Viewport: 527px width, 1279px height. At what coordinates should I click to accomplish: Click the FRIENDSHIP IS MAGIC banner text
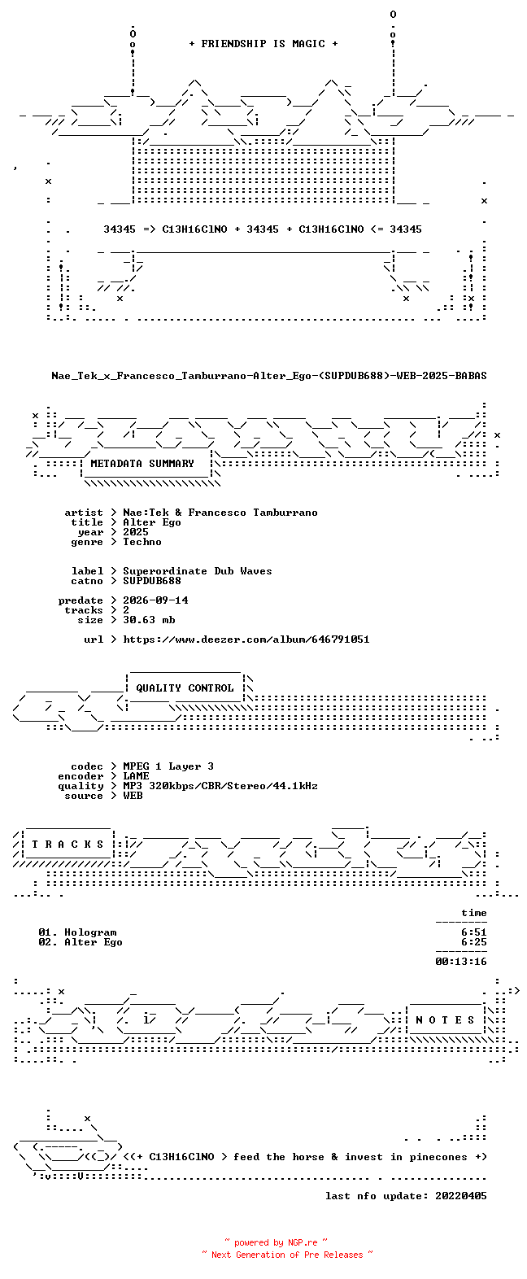(x=263, y=44)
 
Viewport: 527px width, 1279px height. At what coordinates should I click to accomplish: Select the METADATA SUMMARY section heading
(x=142, y=464)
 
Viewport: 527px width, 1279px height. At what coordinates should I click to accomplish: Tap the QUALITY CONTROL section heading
(x=185, y=688)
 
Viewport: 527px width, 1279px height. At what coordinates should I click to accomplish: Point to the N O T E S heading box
(x=445, y=1019)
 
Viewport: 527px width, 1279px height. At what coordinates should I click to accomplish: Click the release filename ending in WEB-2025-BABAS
(x=269, y=376)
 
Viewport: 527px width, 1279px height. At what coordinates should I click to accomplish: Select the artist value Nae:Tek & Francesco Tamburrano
(x=220, y=513)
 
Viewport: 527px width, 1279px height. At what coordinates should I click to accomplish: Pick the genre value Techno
(x=142, y=542)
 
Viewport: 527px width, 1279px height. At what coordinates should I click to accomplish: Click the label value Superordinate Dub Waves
(x=198, y=571)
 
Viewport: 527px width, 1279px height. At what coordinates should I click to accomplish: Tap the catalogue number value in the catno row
(x=152, y=581)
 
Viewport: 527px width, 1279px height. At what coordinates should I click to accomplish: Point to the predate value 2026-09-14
(x=155, y=600)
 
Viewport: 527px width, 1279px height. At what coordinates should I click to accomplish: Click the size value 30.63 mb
(x=149, y=620)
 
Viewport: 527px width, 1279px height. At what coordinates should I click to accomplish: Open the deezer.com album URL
(x=246, y=639)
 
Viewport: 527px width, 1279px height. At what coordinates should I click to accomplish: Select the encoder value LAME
(x=136, y=776)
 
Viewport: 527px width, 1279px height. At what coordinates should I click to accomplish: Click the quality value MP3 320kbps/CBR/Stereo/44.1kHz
(x=220, y=786)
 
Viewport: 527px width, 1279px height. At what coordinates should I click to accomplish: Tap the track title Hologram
(x=90, y=932)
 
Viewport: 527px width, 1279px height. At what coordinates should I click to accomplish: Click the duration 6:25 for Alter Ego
(x=474, y=942)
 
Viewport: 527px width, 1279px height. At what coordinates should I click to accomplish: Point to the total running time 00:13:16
(x=461, y=962)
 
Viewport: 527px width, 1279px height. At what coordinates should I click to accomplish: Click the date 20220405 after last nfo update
(x=461, y=1196)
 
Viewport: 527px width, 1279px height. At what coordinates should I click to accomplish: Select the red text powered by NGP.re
(x=276, y=1242)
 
